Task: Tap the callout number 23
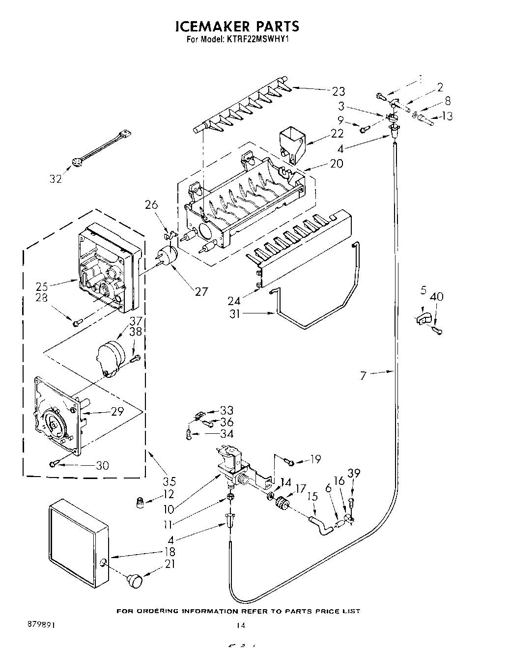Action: click(x=338, y=91)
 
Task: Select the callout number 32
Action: click(x=56, y=179)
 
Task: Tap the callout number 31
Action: click(x=235, y=313)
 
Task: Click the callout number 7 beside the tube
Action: click(x=363, y=376)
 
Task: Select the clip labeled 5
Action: click(x=422, y=318)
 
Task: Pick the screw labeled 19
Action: click(x=290, y=461)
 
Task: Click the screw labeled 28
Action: click(x=77, y=323)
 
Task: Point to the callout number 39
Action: click(x=354, y=473)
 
